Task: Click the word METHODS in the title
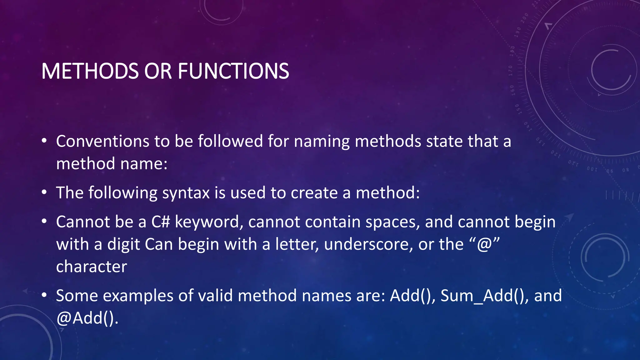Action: point(90,71)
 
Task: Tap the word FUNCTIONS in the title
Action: point(233,71)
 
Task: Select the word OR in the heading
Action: point(158,71)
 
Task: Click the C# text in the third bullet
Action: point(161,222)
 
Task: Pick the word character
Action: point(92,267)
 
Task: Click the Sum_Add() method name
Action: point(483,296)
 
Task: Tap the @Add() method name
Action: point(87,318)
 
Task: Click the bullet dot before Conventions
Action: point(44,141)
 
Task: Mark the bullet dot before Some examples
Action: point(44,295)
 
